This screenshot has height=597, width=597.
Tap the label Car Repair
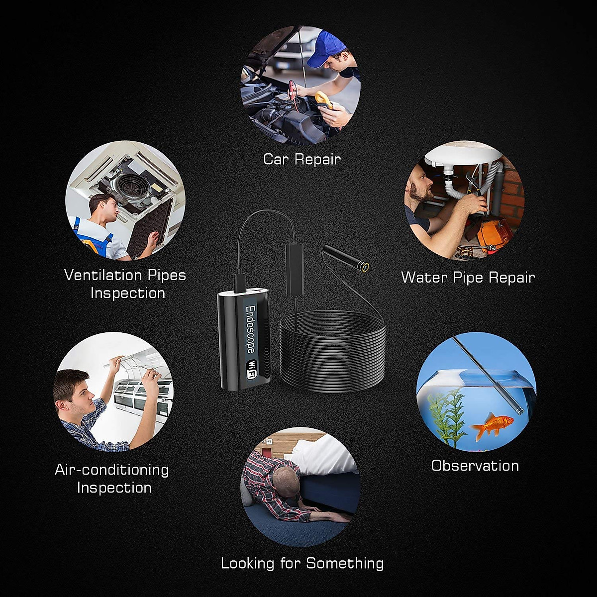pyautogui.click(x=302, y=159)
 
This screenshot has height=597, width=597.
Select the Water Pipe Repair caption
pyautogui.click(x=468, y=277)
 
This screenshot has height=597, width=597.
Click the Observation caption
pyautogui.click(x=475, y=466)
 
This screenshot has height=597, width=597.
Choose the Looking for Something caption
pyautogui.click(x=302, y=563)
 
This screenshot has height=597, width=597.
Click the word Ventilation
pyautogui.click(x=103, y=275)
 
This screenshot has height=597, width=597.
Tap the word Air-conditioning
pyautogui.click(x=112, y=470)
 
